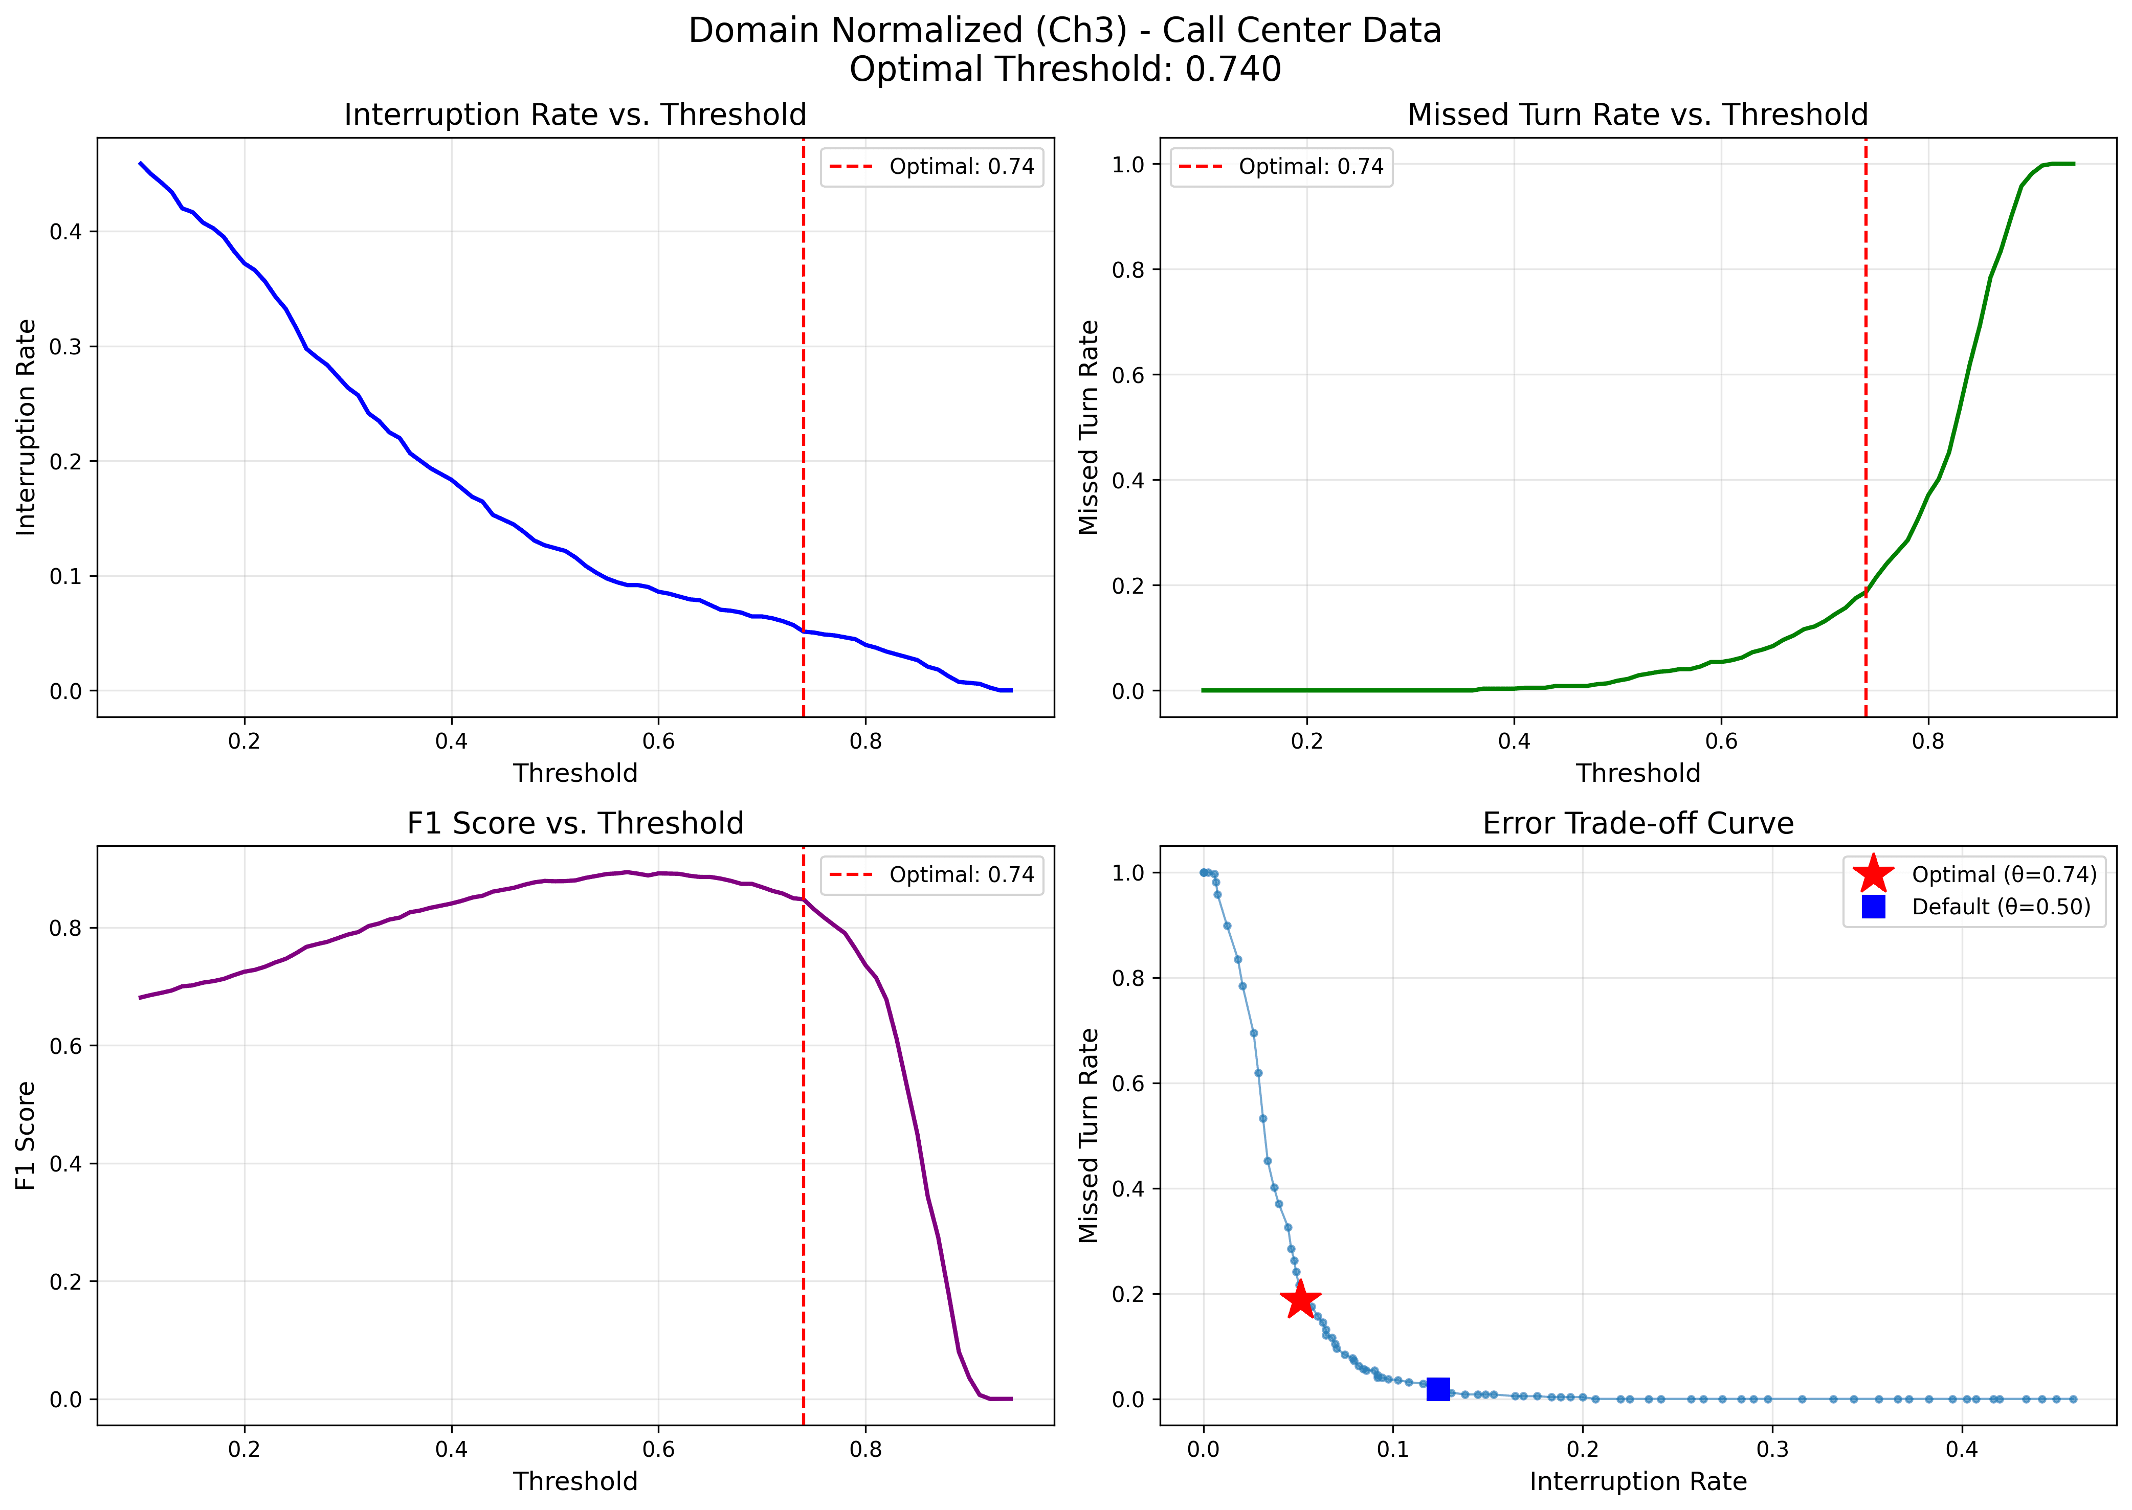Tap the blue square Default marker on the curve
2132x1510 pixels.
(x=1438, y=1389)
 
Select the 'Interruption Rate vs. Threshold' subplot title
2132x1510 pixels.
(x=575, y=115)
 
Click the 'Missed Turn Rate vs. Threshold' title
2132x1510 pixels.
(x=1637, y=115)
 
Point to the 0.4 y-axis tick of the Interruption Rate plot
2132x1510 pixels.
(x=65, y=232)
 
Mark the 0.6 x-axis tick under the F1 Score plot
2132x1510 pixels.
(x=658, y=1449)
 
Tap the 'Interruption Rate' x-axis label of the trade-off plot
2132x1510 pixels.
(x=1637, y=1481)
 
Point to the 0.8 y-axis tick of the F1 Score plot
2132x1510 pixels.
(x=65, y=928)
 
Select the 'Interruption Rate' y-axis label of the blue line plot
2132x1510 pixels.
(x=26, y=427)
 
